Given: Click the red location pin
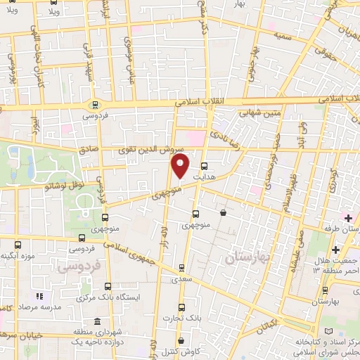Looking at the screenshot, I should pyautogui.click(x=181, y=167).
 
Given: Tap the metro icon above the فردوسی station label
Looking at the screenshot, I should pyautogui.click(x=94, y=104).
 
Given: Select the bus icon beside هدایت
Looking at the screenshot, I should pyautogui.click(x=205, y=167).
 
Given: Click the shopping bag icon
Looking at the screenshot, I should pyautogui.click(x=223, y=212).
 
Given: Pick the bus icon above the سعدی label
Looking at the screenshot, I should pyautogui.click(x=182, y=267).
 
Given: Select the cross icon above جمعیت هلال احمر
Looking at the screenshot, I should pyautogui.click(x=335, y=250).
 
